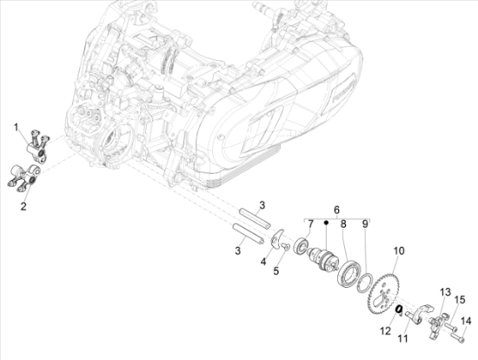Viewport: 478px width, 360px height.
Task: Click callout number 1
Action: (x=17, y=127)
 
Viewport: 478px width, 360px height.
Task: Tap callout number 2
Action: (x=23, y=206)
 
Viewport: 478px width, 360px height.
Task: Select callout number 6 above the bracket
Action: (x=336, y=210)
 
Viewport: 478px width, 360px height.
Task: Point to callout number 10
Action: (x=399, y=250)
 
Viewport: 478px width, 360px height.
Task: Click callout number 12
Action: (x=386, y=330)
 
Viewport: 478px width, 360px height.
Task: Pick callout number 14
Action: (x=466, y=321)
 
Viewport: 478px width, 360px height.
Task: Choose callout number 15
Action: (x=460, y=300)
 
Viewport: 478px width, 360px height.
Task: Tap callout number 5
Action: (x=276, y=270)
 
